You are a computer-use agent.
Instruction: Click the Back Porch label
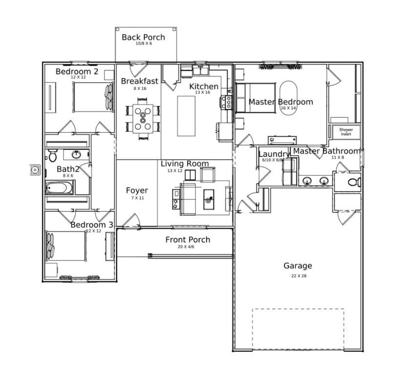[143, 37]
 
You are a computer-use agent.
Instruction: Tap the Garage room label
[297, 266]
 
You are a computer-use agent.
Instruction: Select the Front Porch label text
[187, 240]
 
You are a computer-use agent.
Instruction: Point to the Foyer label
[137, 190]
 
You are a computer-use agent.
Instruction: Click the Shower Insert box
[346, 132]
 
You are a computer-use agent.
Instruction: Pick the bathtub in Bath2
[60, 187]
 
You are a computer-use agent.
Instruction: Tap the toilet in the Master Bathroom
[353, 182]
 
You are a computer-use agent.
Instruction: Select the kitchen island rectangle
[186, 116]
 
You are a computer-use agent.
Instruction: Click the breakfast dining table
[143, 118]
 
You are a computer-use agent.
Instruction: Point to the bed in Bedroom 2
[93, 97]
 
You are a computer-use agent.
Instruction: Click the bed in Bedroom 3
[66, 247]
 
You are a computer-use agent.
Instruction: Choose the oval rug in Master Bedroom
[288, 98]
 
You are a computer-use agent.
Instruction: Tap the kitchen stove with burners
[227, 102]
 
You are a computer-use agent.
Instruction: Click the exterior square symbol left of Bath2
[35, 170]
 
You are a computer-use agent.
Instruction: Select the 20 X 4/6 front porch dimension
[187, 247]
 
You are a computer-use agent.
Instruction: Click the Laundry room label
[273, 154]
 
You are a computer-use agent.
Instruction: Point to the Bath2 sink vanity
[76, 155]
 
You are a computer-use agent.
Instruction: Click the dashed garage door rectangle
[298, 329]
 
